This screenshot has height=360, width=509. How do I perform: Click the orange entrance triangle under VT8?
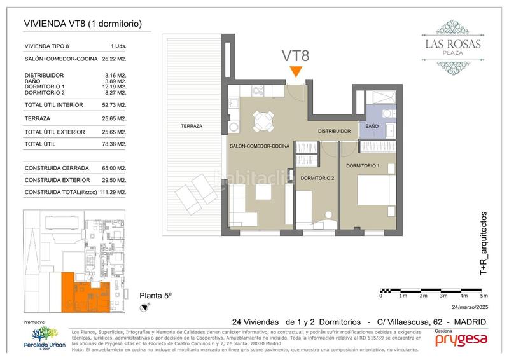[x=295, y=71]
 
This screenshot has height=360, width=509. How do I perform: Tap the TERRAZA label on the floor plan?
[x=191, y=127]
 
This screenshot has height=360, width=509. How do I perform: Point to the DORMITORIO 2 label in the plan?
[x=317, y=177]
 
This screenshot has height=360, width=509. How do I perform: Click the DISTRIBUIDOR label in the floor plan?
[x=335, y=131]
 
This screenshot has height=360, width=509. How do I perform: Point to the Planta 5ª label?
[x=156, y=296]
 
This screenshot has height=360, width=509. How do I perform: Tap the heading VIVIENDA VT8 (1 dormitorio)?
[x=82, y=24]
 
